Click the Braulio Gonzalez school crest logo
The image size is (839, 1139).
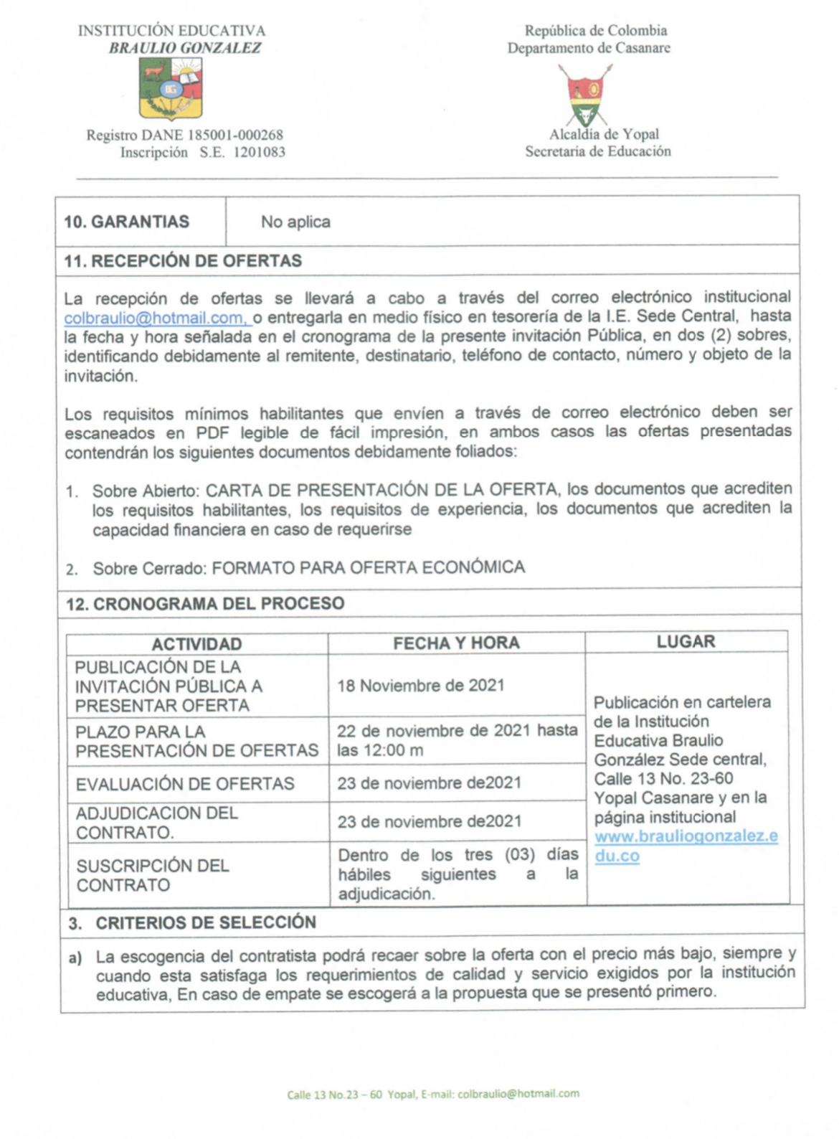coord(171,89)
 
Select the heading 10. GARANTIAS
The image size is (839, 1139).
coord(127,222)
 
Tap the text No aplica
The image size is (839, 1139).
coord(295,222)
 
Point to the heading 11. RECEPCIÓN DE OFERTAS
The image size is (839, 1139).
coord(183,261)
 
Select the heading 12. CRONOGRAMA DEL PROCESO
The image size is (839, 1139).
coord(205,604)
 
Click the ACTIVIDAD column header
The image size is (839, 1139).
coord(196,644)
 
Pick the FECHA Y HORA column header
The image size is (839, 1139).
coord(456,643)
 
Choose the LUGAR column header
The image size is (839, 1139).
coord(686,642)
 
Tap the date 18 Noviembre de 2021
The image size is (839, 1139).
coord(421,686)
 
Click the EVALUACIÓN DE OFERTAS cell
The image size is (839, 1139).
coord(185,784)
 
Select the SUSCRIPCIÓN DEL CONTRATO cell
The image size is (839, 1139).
coord(153,875)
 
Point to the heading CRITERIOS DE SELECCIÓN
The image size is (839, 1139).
coord(206,922)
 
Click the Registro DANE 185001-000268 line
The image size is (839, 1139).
coord(185,135)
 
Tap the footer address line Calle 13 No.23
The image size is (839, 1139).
coord(432,1094)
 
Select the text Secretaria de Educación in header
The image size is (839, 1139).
coord(598,151)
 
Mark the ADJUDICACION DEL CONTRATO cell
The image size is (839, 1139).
coord(157,823)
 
